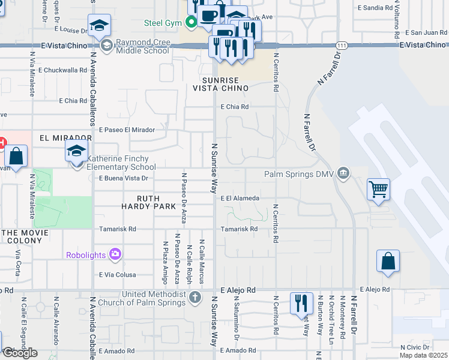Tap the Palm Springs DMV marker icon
tap(343, 175)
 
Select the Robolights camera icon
tap(115, 254)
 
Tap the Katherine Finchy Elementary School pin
tap(77, 152)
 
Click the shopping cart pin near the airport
tap(379, 191)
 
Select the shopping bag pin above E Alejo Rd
tap(388, 262)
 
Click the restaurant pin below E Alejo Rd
tap(301, 304)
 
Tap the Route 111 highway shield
tap(342, 46)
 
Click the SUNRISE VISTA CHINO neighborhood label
tap(220, 84)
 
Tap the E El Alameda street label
tap(240, 198)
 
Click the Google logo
tap(20, 353)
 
